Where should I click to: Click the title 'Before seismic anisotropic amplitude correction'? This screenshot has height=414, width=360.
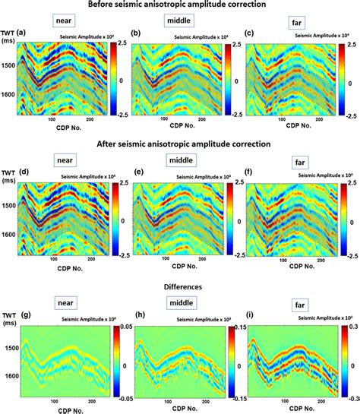point(180,5)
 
